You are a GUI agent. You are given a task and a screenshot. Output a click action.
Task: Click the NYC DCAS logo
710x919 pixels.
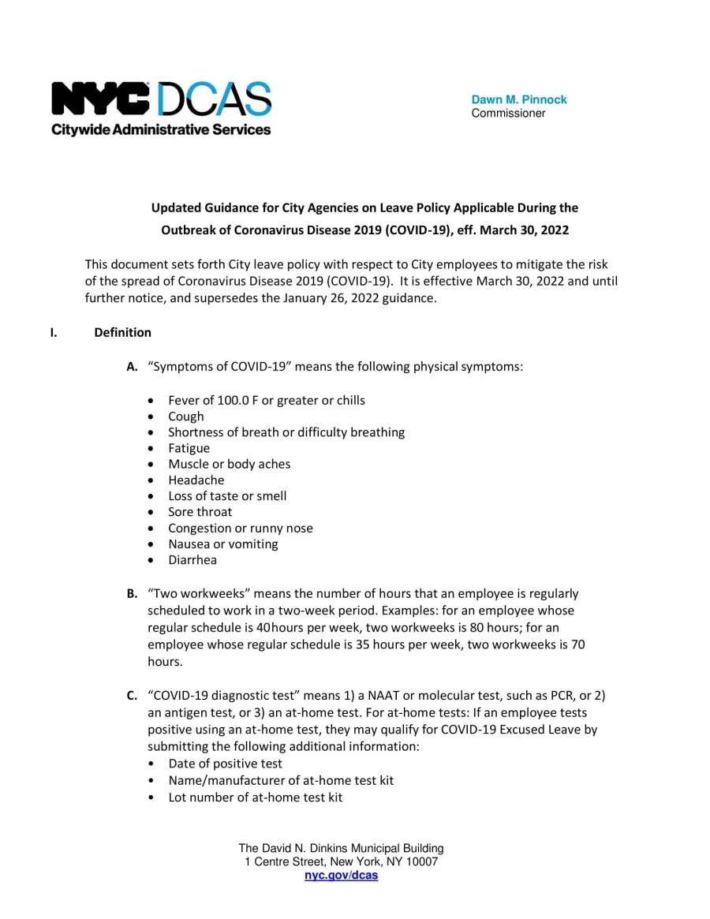pyautogui.click(x=161, y=100)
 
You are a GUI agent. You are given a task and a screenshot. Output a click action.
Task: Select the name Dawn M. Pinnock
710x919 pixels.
pyautogui.click(x=518, y=99)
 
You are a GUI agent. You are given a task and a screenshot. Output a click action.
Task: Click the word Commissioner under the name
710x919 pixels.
pyautogui.click(x=508, y=114)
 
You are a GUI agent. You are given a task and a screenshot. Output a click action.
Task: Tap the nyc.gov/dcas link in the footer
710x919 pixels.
pyautogui.click(x=341, y=876)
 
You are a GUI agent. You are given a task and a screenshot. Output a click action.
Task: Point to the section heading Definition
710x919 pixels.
pyautogui.click(x=122, y=332)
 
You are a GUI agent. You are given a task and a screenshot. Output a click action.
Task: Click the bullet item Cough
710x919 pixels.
pyautogui.click(x=185, y=417)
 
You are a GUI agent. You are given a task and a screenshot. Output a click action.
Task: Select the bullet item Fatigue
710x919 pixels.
pyautogui.click(x=189, y=448)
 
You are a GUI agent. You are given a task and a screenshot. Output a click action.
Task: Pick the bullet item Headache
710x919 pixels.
pyautogui.click(x=196, y=480)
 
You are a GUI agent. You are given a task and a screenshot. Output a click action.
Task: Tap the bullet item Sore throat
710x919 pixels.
pyautogui.click(x=200, y=512)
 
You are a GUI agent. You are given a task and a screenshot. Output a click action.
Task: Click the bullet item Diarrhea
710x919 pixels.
pyautogui.click(x=192, y=560)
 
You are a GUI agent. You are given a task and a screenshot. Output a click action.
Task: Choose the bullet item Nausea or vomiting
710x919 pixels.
pyautogui.click(x=222, y=544)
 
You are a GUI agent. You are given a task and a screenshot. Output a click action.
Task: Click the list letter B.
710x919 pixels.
pyautogui.click(x=132, y=593)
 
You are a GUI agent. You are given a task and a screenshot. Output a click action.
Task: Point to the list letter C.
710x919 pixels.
pyautogui.click(x=132, y=695)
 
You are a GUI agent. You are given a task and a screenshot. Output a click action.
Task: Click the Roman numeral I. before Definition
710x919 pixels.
pyautogui.click(x=54, y=332)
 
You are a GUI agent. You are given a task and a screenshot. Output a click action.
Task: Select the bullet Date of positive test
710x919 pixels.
pyautogui.click(x=225, y=764)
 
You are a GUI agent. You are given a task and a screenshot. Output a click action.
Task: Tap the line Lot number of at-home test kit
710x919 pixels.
pyautogui.click(x=255, y=797)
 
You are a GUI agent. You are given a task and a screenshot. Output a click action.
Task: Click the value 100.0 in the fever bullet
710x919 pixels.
pyautogui.click(x=233, y=400)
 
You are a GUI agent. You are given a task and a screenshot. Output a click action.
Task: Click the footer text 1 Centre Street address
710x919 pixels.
pyautogui.click(x=341, y=862)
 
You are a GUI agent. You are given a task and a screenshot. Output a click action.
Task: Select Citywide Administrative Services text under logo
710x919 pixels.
pyautogui.click(x=161, y=129)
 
